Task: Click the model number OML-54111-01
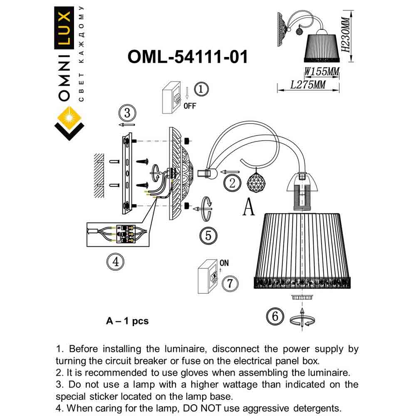(x=188, y=57)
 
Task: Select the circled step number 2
(x=232, y=182)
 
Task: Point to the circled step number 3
(x=127, y=112)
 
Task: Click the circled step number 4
(x=116, y=261)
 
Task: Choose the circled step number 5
(x=208, y=235)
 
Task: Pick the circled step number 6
(x=275, y=316)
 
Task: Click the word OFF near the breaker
(x=189, y=106)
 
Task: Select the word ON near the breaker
(x=224, y=263)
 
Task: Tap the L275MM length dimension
(x=308, y=85)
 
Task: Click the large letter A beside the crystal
(x=248, y=206)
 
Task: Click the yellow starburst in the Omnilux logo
(x=69, y=117)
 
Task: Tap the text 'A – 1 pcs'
(x=127, y=321)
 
